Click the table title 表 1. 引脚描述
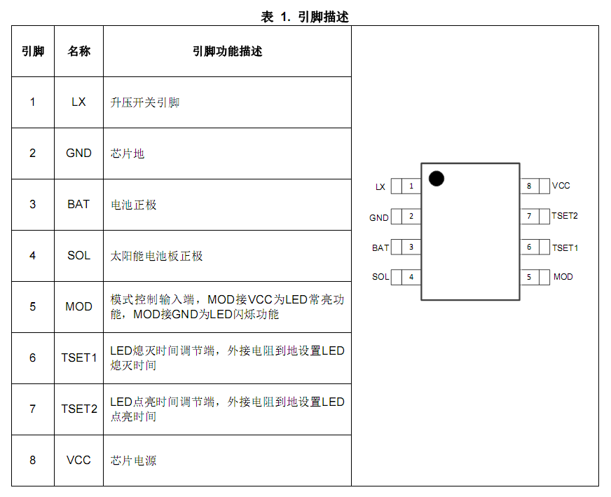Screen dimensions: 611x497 tap(305, 17)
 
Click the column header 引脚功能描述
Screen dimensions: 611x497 tap(227, 51)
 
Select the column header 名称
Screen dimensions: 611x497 tap(78, 51)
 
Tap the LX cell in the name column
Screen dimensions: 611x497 tap(78, 102)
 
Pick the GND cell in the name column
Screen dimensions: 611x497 tap(78, 154)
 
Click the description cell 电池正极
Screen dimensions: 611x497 tap(134, 205)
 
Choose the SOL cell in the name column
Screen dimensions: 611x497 tap(78, 256)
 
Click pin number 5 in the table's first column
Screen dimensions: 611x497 tap(33, 307)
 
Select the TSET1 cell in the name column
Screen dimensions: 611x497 tap(78, 358)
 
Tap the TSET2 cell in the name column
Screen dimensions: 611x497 tap(79, 409)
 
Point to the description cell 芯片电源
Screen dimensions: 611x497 tap(133, 461)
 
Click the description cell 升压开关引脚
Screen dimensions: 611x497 tap(145, 102)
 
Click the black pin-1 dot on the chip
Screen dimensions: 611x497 tap(437, 179)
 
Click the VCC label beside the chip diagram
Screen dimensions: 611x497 tap(561, 186)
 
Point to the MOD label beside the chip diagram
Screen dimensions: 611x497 tap(563, 277)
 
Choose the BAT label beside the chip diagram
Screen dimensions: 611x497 tap(380, 248)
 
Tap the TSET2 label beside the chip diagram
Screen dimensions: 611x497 tap(565, 216)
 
